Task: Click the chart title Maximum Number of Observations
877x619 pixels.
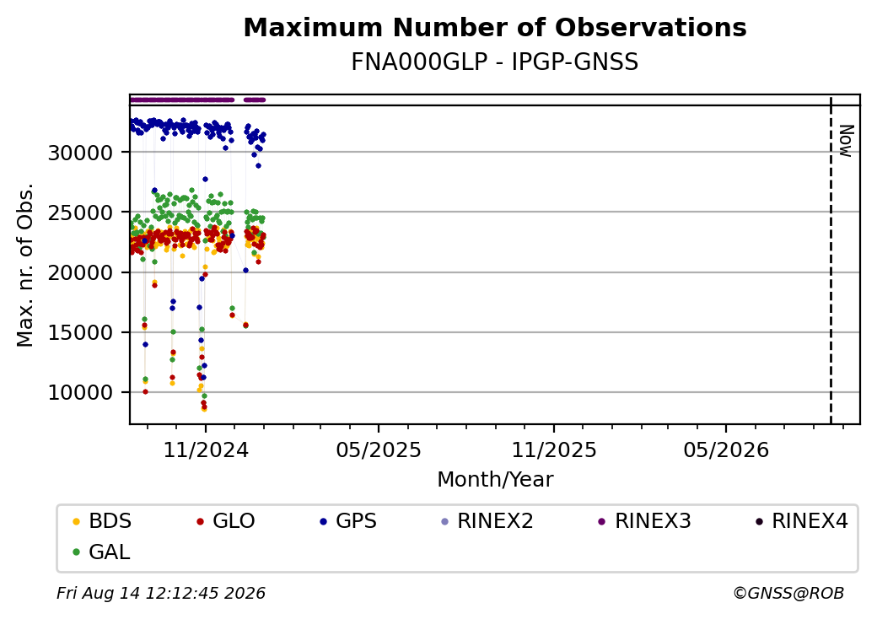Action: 495,27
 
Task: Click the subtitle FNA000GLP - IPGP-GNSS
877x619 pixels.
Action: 495,62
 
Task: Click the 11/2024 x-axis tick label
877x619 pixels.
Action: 205,449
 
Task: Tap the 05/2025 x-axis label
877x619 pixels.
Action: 379,449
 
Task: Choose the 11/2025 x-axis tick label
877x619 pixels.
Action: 554,449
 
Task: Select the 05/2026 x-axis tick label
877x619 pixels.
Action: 726,449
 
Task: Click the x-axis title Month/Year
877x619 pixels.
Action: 495,480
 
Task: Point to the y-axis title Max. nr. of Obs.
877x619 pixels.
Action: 25,265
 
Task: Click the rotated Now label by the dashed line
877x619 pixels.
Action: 847,141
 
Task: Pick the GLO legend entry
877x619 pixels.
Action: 226,521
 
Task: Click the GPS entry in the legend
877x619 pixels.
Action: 348,521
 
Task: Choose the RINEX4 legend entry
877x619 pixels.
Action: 801,521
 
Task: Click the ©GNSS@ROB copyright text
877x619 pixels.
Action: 788,593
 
